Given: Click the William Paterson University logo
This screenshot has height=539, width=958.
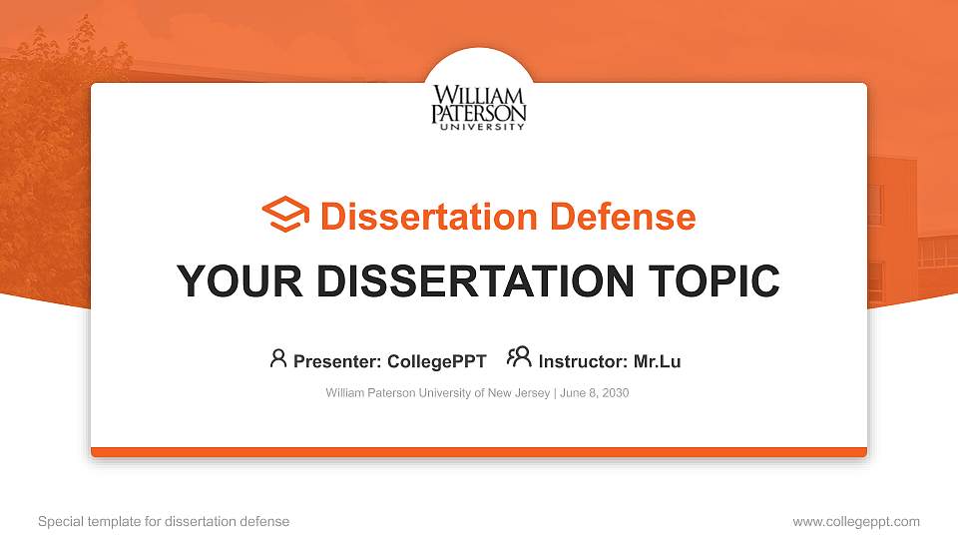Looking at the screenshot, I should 478,107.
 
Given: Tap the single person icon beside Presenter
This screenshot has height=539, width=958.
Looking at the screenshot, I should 278,358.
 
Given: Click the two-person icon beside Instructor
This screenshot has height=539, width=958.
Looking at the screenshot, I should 519,357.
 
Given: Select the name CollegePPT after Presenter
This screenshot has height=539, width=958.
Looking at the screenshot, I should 437,361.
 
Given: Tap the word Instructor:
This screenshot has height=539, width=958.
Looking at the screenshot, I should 583,361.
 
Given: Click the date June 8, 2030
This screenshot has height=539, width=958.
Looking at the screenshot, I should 595,393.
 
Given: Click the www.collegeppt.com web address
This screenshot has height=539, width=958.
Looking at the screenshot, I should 856,521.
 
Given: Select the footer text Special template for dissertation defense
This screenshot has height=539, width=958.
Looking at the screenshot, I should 164,521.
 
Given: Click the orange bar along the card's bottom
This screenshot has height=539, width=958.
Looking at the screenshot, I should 479,452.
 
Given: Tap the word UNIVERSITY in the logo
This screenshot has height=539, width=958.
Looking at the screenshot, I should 478,127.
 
